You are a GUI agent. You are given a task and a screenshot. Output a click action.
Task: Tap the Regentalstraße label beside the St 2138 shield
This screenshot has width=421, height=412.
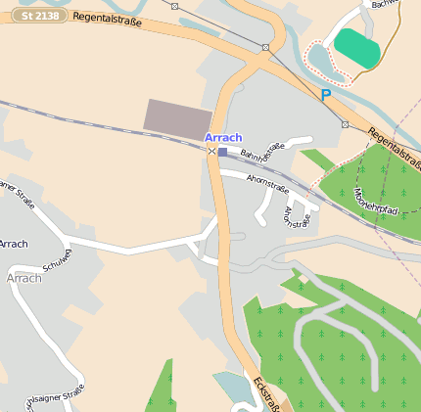coord(108,21)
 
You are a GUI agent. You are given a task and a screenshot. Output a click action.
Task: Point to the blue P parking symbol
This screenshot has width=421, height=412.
coord(325,95)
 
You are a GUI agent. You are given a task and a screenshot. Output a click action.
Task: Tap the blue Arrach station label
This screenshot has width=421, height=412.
coord(223,137)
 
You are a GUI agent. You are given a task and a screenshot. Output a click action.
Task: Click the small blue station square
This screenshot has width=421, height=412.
coord(222,152)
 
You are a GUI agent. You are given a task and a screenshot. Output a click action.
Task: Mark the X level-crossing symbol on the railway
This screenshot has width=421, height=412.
coord(211,151)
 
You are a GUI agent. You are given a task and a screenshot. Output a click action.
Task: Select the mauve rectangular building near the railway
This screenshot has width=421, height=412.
coord(177,115)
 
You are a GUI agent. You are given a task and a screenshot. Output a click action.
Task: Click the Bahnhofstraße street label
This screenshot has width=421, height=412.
coord(262,153)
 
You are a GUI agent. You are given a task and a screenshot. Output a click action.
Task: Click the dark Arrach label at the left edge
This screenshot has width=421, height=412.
coord(13,244)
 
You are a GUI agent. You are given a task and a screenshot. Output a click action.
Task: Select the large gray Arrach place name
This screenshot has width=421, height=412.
coord(23,278)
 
